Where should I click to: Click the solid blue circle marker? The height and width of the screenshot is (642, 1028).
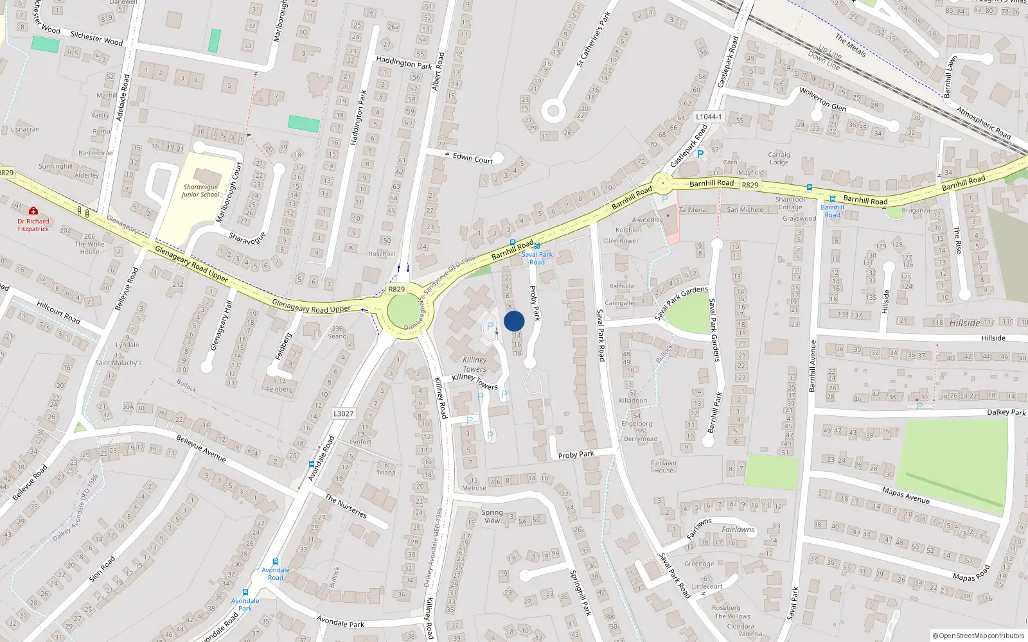point(514,321)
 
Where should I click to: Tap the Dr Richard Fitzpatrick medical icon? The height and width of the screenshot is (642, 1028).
point(33,211)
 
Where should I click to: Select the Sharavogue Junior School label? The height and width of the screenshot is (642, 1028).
point(200,191)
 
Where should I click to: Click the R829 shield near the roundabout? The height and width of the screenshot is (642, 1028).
point(396,289)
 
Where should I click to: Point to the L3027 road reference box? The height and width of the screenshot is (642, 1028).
point(343,413)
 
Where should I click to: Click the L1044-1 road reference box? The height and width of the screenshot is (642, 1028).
point(709,117)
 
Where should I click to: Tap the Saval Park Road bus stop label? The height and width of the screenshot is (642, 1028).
point(536,258)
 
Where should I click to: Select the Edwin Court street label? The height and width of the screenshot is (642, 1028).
point(473,158)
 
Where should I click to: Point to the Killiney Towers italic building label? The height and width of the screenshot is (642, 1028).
point(474,364)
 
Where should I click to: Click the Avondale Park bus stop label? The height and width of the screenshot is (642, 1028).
point(245,604)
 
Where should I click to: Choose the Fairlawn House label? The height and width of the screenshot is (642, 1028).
point(663,466)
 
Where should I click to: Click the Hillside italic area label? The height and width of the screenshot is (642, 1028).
point(964,323)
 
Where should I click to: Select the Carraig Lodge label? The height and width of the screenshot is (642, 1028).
point(779,158)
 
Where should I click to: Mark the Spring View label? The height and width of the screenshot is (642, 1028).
point(492,516)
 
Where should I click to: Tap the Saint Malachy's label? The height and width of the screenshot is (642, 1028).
point(118,363)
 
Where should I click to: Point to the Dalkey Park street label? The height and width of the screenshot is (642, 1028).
point(1006,412)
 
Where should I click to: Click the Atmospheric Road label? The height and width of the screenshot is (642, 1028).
point(983,123)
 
